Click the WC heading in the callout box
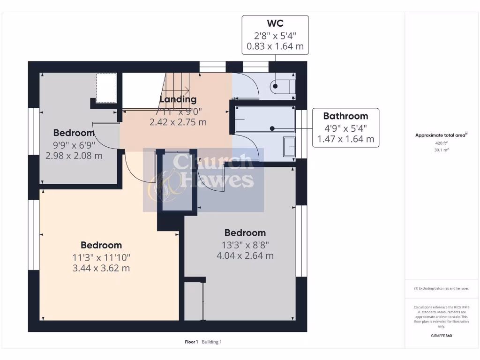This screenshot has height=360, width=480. tap(275, 23)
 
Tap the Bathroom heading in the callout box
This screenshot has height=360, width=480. tap(345, 116)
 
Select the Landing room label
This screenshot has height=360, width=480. tap(178, 99)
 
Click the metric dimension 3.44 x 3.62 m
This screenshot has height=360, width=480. tap(101, 268)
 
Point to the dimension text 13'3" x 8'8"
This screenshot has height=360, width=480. tap(245, 244)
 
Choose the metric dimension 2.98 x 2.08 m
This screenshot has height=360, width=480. tap(74, 156)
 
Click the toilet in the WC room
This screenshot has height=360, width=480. tap(282, 86)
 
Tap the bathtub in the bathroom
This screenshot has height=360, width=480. tap(265, 119)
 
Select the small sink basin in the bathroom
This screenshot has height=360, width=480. tap(290, 147)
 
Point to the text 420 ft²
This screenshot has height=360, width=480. tap(442, 143)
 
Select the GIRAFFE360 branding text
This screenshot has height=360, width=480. tap(441, 336)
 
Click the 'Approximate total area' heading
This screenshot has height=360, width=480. tap(441, 135)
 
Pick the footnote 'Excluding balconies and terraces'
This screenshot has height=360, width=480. tap(441, 288)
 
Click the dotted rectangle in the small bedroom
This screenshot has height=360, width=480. tap(106, 87)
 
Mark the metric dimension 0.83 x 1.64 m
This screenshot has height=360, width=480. tap(275, 46)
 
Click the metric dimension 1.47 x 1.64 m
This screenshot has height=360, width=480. tap(345, 139)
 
